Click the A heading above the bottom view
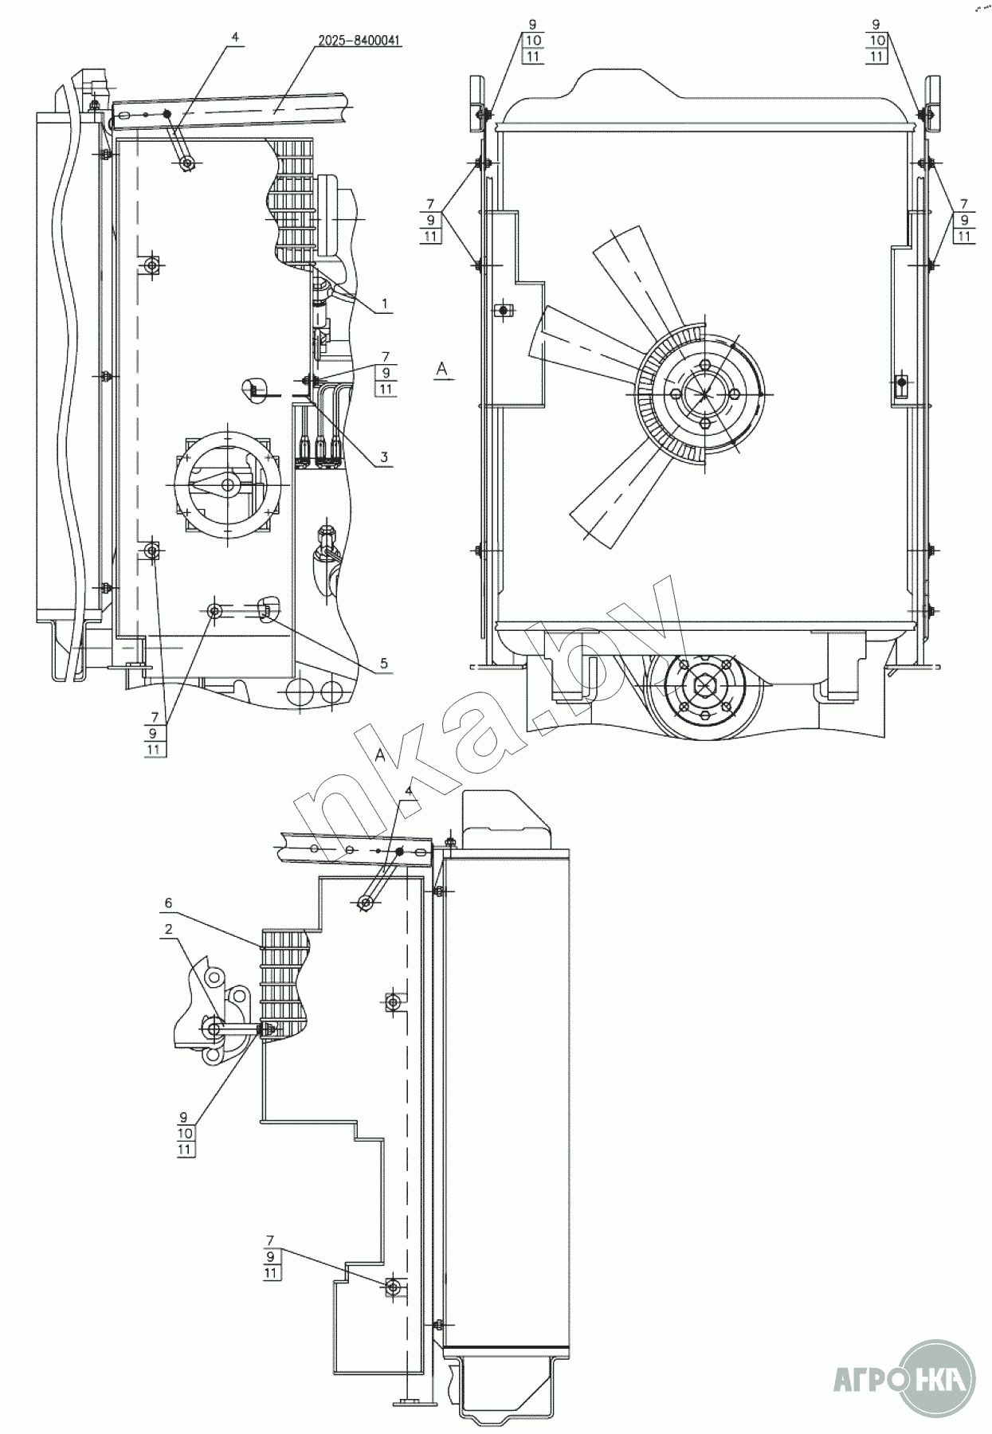point(380,756)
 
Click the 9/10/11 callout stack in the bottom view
point(185,1133)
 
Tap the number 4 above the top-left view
point(235,37)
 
